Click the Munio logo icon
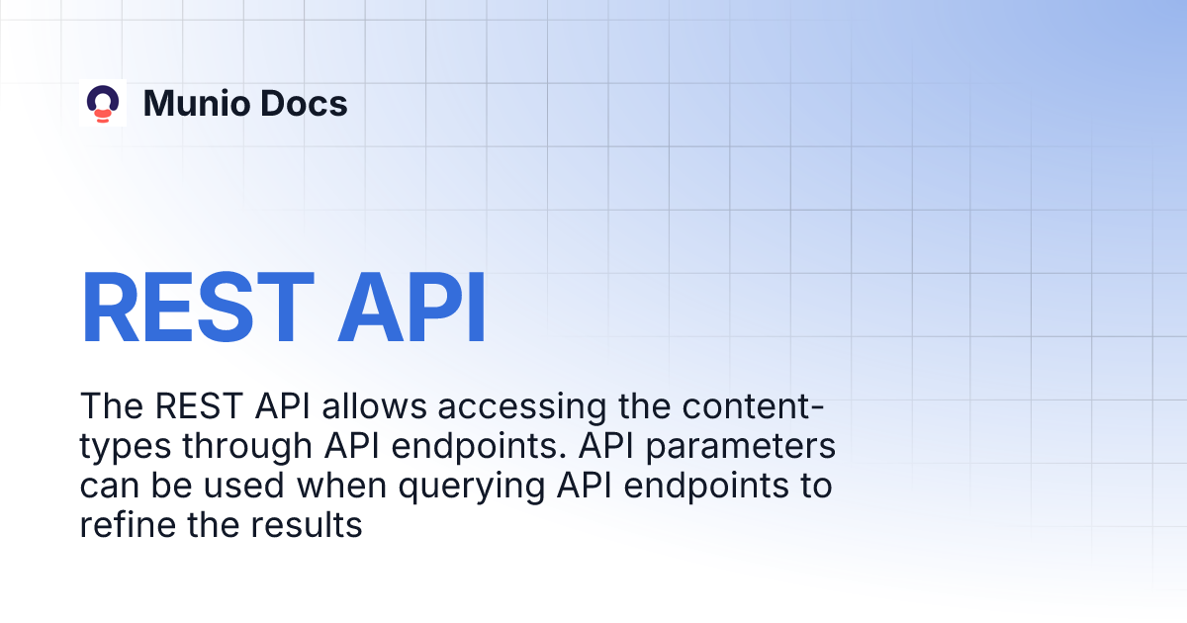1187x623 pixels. pyautogui.click(x=103, y=103)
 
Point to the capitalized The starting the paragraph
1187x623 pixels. pyautogui.click(x=108, y=407)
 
